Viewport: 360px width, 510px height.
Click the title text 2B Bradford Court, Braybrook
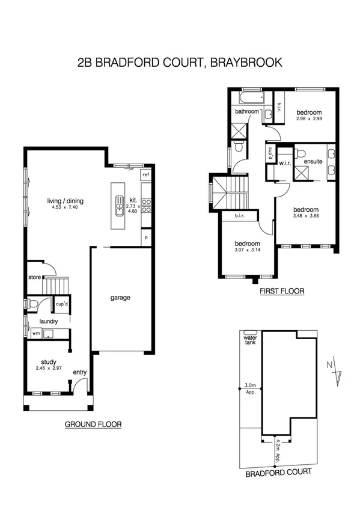coord(180,61)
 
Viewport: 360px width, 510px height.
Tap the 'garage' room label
coord(120,297)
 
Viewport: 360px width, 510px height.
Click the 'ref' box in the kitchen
coord(145,174)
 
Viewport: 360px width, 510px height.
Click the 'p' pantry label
coord(145,237)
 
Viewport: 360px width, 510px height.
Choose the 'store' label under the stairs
coord(35,277)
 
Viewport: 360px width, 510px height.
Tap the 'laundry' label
coord(49,321)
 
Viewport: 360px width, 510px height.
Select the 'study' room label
coord(49,362)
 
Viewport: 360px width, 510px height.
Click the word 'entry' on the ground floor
coord(80,373)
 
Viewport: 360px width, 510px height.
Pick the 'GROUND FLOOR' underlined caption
coord(93,425)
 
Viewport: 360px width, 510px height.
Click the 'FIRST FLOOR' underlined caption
coord(282,291)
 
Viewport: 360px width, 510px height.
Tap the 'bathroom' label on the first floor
coord(246,112)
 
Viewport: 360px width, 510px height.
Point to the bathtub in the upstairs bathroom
coord(249,97)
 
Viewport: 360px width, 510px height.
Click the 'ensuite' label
coord(313,162)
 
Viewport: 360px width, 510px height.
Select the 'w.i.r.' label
coord(284,163)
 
